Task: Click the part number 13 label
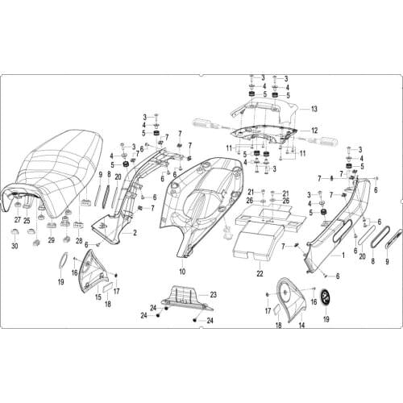click(315, 109)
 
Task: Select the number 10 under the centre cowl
click(182, 272)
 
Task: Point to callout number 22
click(260, 274)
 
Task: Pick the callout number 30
click(14, 247)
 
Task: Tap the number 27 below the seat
click(17, 220)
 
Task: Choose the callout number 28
click(79, 241)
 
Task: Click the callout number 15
click(98, 296)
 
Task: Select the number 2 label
click(135, 233)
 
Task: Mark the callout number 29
click(51, 241)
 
